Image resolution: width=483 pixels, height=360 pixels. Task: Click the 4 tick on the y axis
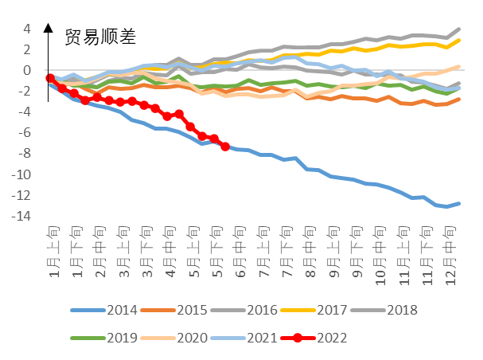tap(26, 29)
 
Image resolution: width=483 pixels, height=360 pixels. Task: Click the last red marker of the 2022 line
tap(225, 147)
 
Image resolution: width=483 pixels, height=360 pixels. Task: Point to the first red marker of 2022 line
tap(50, 78)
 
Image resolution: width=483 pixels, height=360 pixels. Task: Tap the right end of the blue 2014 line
tap(459, 203)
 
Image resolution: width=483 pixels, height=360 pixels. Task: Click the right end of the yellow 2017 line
tap(459, 40)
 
